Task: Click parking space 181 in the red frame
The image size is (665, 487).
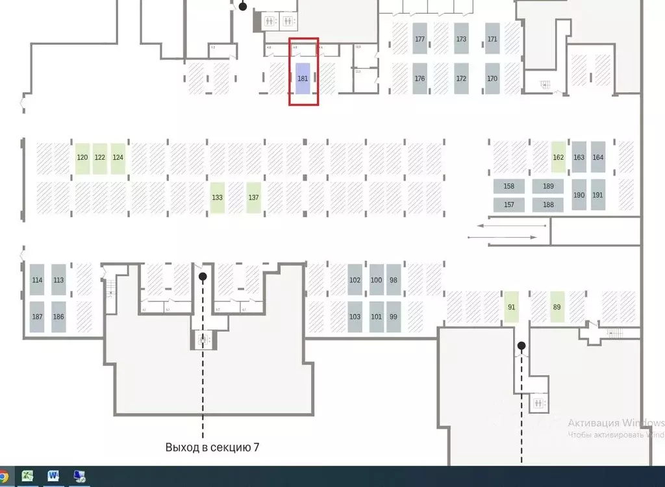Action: click(303, 79)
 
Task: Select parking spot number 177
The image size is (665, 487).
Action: click(420, 39)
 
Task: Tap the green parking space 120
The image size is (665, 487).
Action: click(82, 158)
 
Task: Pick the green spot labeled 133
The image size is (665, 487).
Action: click(218, 198)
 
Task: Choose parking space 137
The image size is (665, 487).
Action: click(254, 198)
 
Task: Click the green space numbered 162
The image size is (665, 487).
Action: click(558, 157)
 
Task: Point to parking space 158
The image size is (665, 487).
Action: click(509, 186)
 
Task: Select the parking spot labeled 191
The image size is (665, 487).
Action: click(597, 195)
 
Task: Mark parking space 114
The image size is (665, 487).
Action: click(37, 280)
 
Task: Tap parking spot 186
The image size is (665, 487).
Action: click(58, 317)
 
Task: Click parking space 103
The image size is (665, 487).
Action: click(355, 317)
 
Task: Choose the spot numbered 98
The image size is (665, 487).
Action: click(394, 280)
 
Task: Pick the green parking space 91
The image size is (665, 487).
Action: click(512, 307)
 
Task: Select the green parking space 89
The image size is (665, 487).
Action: click(557, 307)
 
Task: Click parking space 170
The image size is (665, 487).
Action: click(492, 79)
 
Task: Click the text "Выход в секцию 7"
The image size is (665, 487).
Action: click(212, 447)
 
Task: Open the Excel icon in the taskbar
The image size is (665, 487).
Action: click(28, 477)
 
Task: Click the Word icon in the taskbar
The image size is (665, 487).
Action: click(53, 477)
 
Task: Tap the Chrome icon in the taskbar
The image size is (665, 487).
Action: click(3, 477)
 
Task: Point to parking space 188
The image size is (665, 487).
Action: click(548, 205)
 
